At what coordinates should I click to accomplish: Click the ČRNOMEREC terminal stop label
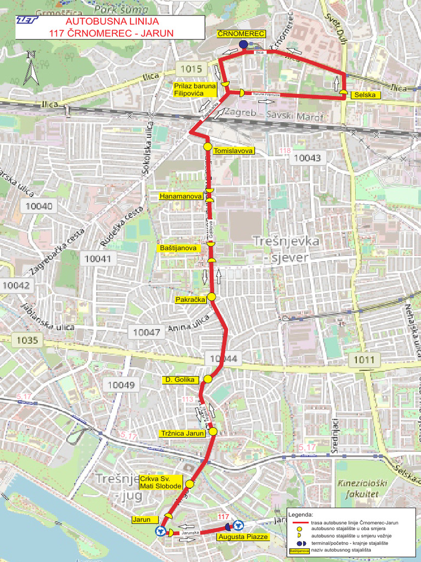[241, 34]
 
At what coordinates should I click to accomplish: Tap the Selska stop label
[365, 95]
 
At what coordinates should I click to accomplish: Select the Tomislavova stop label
[234, 150]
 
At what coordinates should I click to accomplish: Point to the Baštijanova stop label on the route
[178, 248]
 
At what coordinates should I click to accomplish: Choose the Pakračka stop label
[190, 300]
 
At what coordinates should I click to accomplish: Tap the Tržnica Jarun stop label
[183, 433]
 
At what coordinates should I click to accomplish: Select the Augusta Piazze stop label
[243, 536]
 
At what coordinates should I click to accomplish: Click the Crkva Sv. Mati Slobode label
[161, 482]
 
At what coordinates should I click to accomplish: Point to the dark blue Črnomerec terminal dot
[243, 44]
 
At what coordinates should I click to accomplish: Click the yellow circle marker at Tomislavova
[208, 147]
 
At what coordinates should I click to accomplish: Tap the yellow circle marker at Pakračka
[212, 297]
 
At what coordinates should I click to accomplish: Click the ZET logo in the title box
[26, 20]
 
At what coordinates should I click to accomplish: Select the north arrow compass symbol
[31, 68]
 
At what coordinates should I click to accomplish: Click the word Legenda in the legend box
[300, 514]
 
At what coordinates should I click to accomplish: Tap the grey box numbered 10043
[307, 158]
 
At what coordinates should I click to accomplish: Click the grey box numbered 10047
[146, 332]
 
